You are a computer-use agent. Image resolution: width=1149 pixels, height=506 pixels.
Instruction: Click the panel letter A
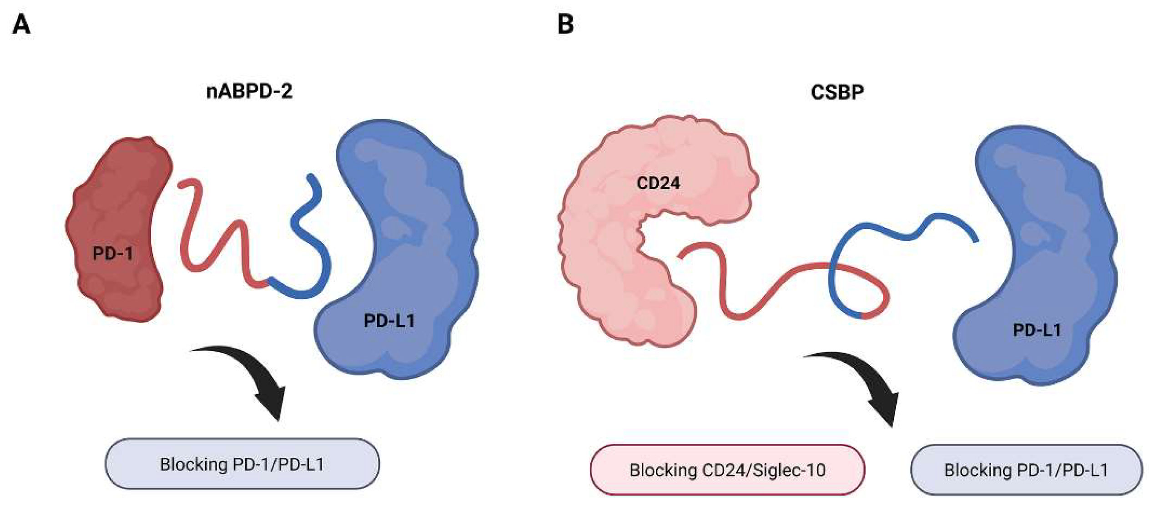[x=21, y=25]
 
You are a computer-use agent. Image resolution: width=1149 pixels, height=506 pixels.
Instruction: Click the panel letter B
[x=565, y=25]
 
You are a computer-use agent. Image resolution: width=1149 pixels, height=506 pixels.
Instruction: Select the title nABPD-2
[x=249, y=91]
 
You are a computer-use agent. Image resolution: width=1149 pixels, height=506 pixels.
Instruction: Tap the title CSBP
[x=837, y=92]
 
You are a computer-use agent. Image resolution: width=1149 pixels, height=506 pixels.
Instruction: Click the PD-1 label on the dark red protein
[x=113, y=253]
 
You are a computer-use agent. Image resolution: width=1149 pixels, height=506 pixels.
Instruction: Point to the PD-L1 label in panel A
[x=389, y=321]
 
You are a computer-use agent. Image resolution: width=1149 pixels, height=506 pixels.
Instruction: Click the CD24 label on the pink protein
[x=658, y=183]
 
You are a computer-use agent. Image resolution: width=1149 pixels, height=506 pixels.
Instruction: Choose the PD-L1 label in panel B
[x=1037, y=330]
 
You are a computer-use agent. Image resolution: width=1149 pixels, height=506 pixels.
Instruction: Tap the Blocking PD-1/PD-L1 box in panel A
[x=242, y=464]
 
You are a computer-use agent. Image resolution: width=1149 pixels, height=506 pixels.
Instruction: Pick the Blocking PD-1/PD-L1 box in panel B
[x=1026, y=470]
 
